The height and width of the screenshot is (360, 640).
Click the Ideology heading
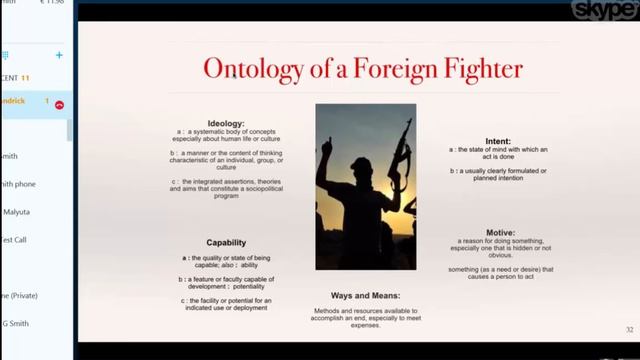pos(226,123)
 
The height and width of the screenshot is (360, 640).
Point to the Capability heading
pos(226,242)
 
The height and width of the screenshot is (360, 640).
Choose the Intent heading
pos(497,141)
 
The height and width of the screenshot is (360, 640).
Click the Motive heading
pos(500,232)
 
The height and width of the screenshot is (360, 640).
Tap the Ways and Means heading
pos(365,296)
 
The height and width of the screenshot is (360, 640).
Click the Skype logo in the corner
pos(603,10)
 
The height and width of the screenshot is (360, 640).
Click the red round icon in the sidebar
pos(59,104)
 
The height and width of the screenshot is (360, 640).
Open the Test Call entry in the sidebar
pos(14,240)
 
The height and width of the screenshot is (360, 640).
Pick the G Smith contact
pos(15,323)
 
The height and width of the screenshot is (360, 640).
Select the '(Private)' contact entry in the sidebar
pos(19,295)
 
